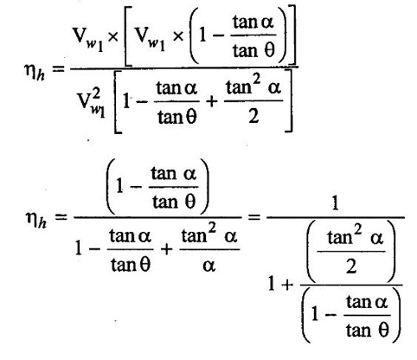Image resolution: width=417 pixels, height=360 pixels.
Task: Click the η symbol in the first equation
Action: [x=30, y=71]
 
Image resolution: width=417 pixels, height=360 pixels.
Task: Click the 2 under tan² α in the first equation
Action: [x=253, y=117]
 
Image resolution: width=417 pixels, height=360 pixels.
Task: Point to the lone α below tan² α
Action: [x=208, y=266]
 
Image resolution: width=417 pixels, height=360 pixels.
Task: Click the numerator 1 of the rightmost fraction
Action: [x=335, y=203]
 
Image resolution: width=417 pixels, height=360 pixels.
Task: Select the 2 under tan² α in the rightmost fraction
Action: [x=351, y=266]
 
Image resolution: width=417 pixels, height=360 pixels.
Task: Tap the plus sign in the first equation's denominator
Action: [x=212, y=101]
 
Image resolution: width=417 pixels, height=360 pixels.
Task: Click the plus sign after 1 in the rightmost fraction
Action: [x=287, y=286]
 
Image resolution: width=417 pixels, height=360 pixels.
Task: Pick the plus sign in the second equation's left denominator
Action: [x=166, y=249]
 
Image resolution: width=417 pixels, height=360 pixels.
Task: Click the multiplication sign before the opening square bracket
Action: [x=112, y=37]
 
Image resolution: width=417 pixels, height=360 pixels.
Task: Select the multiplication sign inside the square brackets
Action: [x=178, y=36]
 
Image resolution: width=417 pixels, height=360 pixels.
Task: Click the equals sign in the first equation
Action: [x=59, y=68]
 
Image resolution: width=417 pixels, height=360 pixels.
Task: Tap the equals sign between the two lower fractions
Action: [x=253, y=216]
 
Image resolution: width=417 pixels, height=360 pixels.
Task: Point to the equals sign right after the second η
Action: [x=61, y=216]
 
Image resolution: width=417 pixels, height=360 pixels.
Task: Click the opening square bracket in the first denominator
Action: [x=118, y=101]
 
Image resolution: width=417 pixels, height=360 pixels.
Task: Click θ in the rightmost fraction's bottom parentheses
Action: [x=383, y=331]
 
